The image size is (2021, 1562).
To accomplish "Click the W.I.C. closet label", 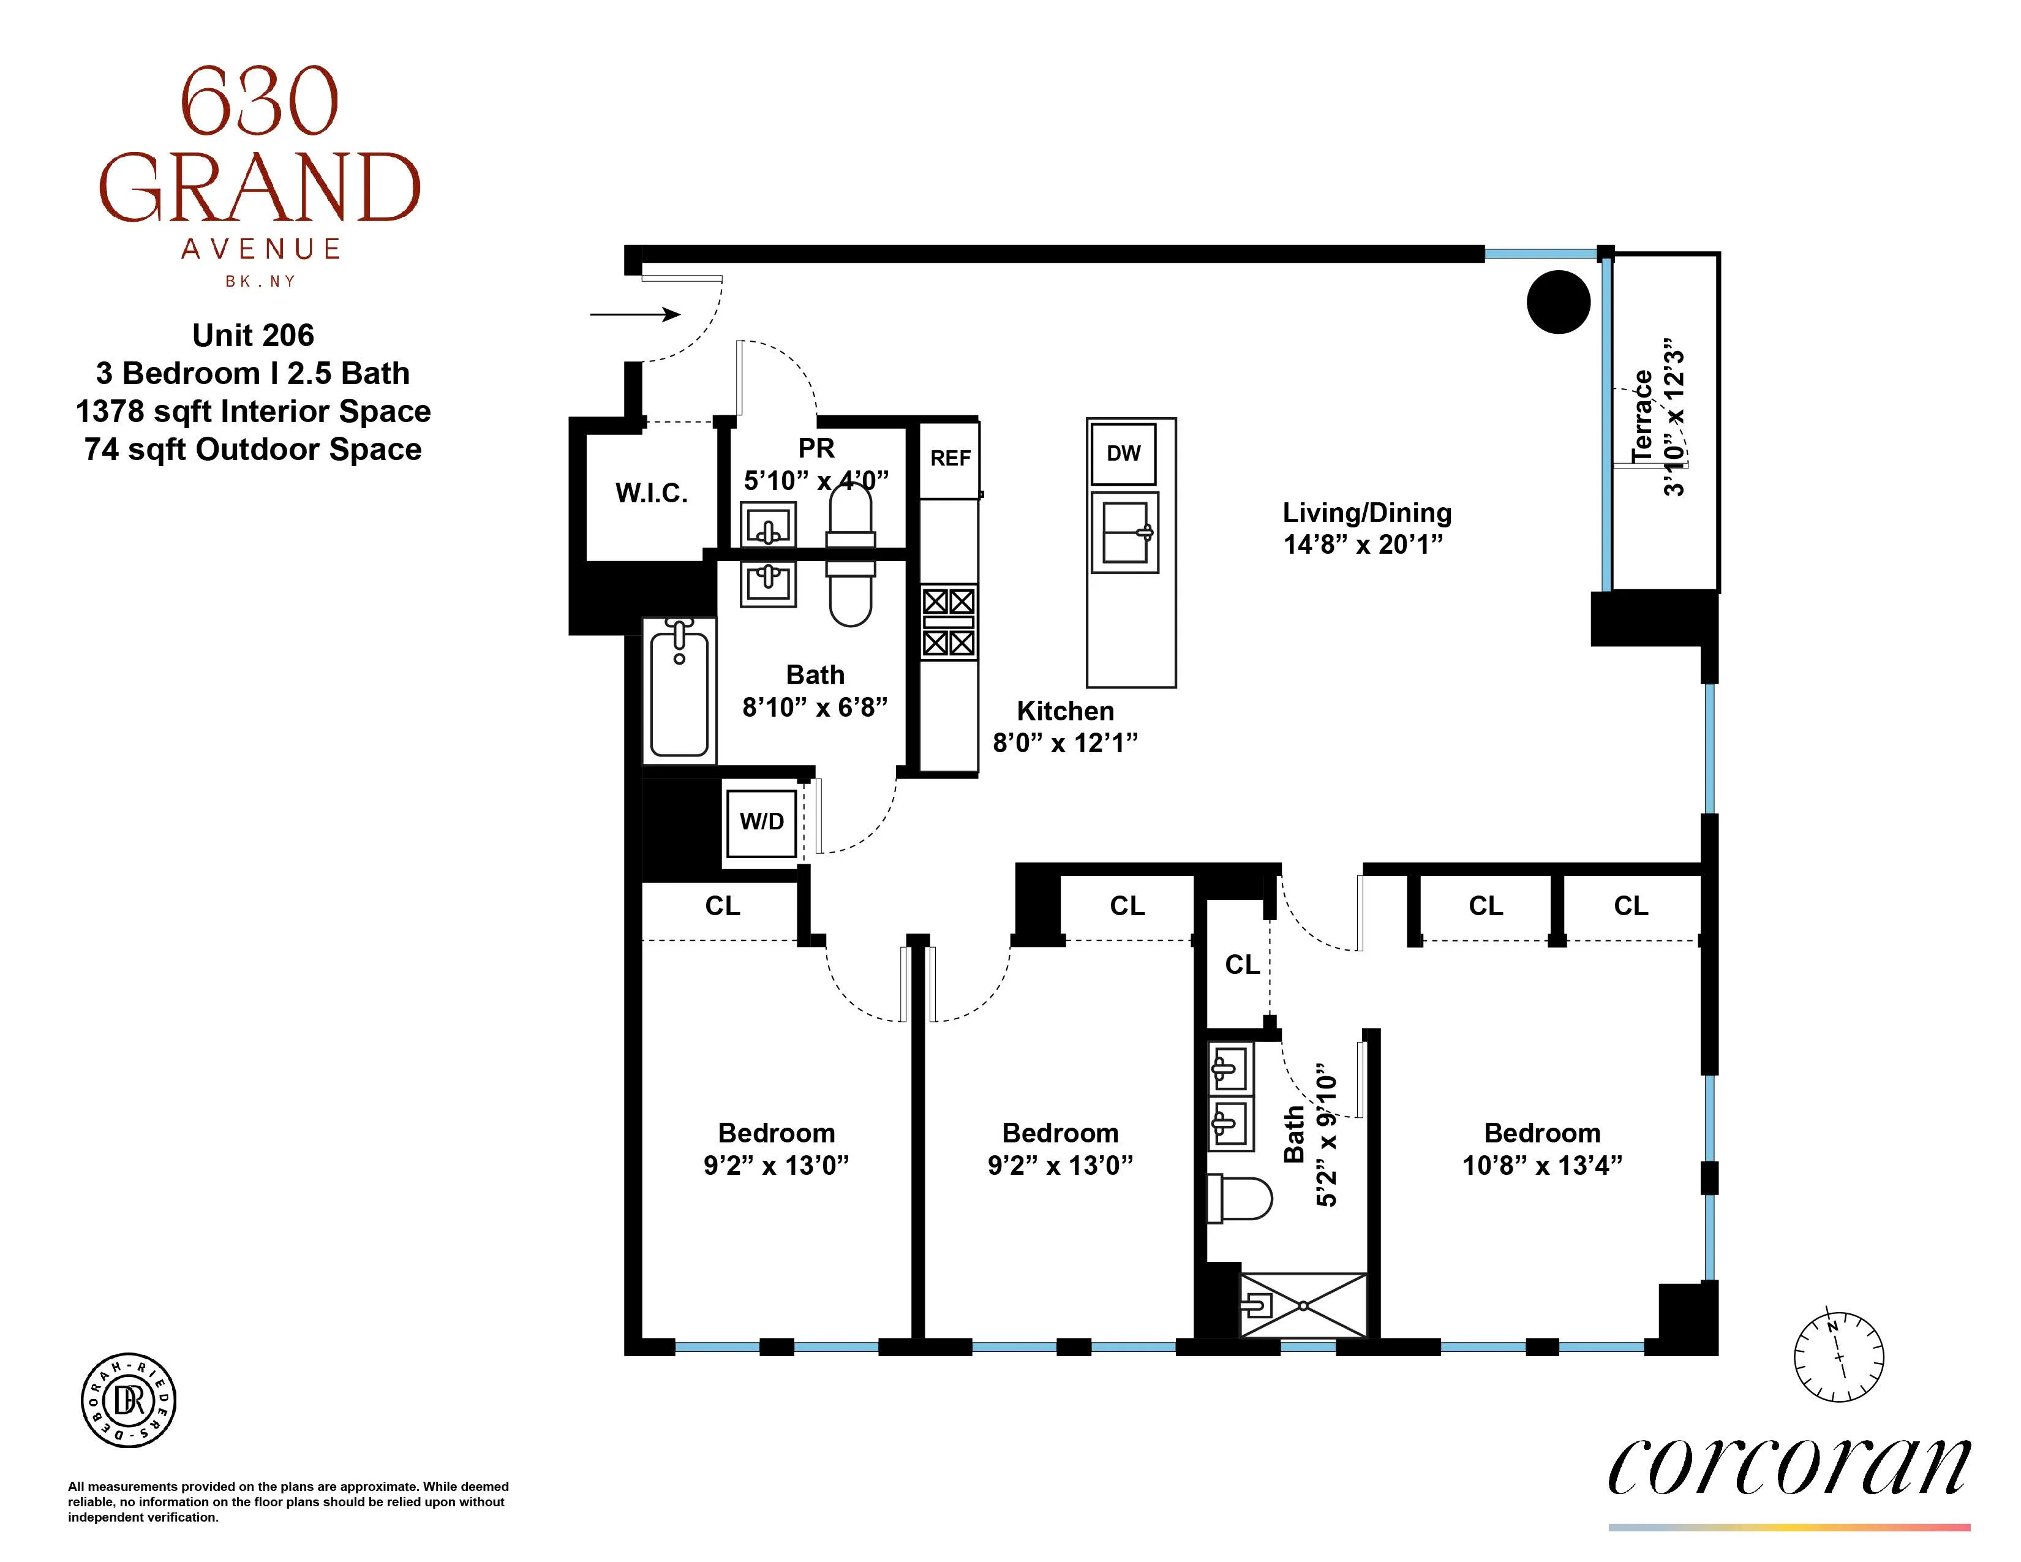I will click(x=652, y=493).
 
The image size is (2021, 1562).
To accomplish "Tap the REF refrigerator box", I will click(x=949, y=459).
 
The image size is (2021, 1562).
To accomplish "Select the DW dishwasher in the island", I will click(x=1123, y=453).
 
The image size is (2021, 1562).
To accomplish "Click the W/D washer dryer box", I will click(x=761, y=821).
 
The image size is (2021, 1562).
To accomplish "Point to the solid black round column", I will click(x=1559, y=301).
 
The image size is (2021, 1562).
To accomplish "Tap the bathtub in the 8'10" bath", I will click(x=679, y=689).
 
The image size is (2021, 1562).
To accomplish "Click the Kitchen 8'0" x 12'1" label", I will click(x=1065, y=726).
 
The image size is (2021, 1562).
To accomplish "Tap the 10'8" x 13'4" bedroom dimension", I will click(x=1541, y=1165).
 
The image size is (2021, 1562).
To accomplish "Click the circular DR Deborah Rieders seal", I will click(x=129, y=1401).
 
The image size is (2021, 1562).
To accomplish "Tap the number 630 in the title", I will click(x=259, y=102).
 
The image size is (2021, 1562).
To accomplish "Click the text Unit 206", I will click(x=252, y=335).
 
